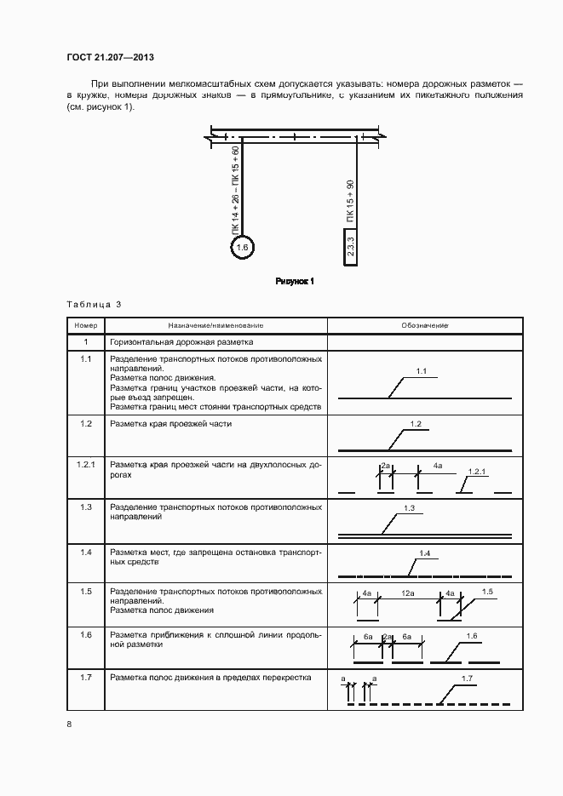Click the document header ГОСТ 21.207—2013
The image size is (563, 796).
tap(110, 58)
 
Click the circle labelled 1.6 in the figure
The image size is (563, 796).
tap(242, 248)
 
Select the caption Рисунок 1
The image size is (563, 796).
tap(295, 282)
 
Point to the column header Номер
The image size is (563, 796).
tap(86, 326)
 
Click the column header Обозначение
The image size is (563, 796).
tap(425, 326)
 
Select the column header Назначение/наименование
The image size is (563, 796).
tap(215, 326)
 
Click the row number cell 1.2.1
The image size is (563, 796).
tap(86, 465)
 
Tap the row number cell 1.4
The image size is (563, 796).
tap(86, 553)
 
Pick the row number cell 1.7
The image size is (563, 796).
tap(86, 678)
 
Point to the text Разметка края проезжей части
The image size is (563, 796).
tap(170, 423)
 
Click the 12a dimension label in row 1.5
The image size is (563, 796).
tap(408, 592)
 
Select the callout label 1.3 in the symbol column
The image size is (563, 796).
tap(409, 508)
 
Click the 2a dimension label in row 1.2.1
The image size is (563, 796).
tap(385, 467)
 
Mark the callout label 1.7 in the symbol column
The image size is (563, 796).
tap(467, 678)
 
